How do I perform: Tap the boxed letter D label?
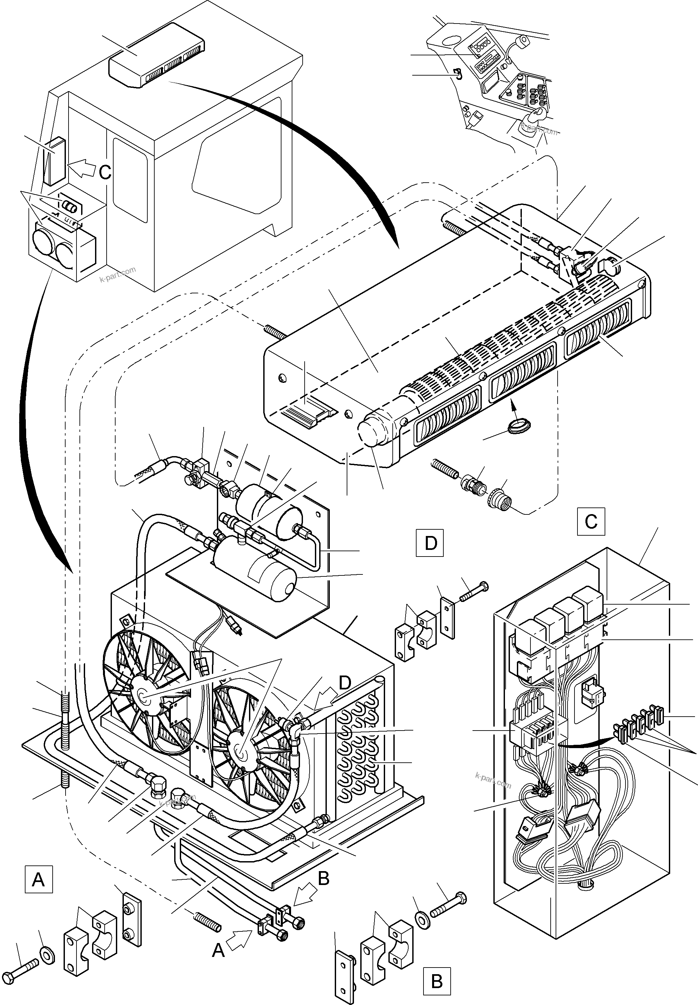[x=430, y=543]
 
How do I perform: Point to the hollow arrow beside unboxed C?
[x=81, y=168]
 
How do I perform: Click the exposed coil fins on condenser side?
[x=358, y=744]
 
